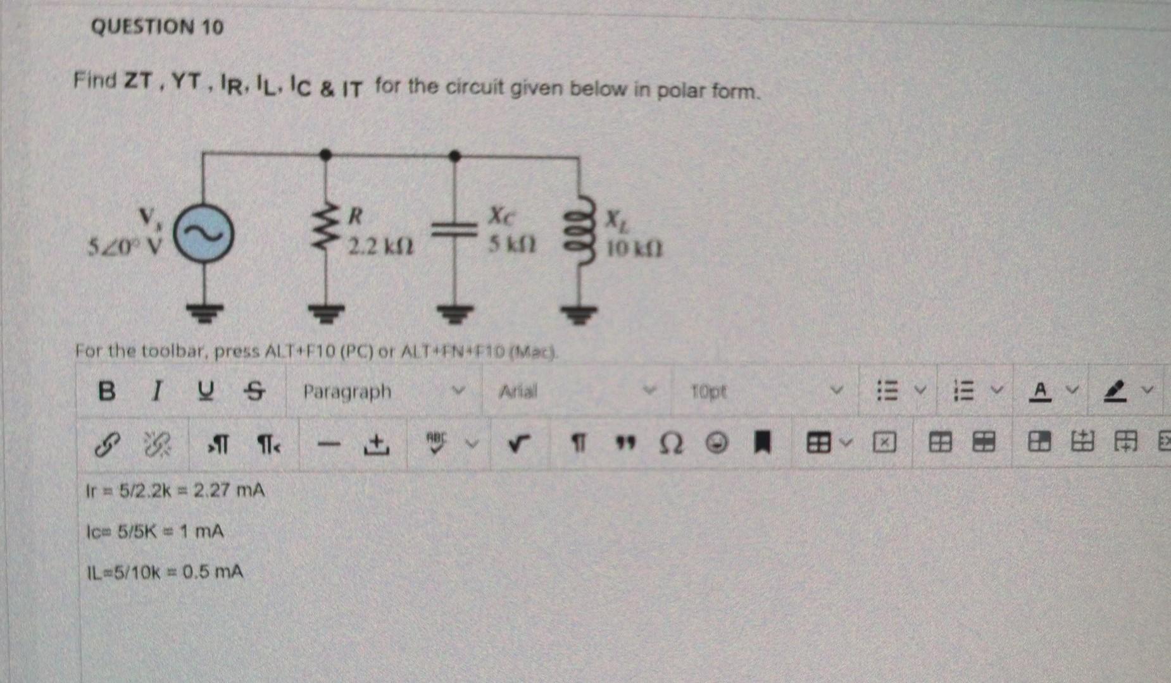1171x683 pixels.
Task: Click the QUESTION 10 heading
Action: (157, 27)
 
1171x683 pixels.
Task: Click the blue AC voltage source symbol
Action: (204, 235)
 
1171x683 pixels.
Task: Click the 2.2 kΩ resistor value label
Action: (380, 246)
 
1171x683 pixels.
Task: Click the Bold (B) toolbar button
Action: (107, 391)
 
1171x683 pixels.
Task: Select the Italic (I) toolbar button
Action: (155, 391)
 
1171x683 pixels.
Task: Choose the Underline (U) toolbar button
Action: (204, 391)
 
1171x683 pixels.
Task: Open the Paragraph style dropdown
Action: (383, 391)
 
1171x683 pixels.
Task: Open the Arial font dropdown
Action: (576, 391)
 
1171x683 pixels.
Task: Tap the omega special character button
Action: (672, 445)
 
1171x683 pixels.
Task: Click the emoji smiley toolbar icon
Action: (716, 445)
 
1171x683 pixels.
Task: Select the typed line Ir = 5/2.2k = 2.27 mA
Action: (175, 490)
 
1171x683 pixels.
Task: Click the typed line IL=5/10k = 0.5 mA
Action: (165, 572)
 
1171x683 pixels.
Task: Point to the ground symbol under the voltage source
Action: (204, 312)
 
